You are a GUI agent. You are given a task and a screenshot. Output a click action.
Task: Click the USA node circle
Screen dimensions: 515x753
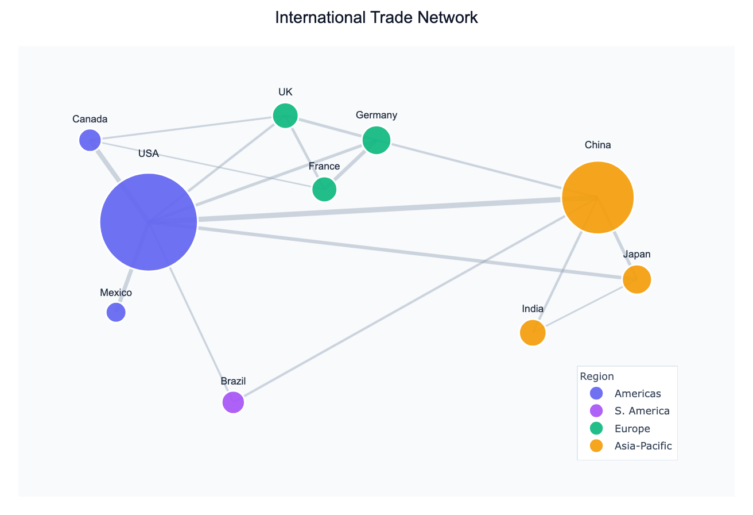[x=149, y=222]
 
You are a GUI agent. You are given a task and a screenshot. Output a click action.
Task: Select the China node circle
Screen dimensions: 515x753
[x=597, y=198]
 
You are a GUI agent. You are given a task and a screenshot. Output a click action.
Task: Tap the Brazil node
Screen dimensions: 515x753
[x=233, y=402]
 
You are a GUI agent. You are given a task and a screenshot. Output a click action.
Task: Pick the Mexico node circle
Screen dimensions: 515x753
[x=116, y=312]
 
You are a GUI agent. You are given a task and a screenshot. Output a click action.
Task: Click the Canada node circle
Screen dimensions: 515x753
[x=90, y=140]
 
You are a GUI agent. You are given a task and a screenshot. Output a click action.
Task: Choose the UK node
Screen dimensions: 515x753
[x=285, y=116]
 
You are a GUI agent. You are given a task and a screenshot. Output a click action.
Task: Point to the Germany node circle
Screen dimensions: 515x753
[x=376, y=140]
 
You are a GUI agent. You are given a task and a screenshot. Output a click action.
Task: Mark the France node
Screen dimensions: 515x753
[x=324, y=189]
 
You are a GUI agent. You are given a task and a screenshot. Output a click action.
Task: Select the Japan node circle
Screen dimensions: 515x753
[x=636, y=280]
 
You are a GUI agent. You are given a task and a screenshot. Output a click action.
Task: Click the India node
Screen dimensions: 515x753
[x=533, y=333]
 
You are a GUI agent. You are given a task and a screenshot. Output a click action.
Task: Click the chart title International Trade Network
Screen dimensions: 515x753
[x=376, y=17]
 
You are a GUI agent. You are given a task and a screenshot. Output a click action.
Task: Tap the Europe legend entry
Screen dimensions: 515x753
[x=631, y=428]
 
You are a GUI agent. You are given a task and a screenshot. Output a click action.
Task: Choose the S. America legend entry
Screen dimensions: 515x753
[x=641, y=411]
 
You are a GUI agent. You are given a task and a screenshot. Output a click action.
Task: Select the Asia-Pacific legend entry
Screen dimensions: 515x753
[x=642, y=445]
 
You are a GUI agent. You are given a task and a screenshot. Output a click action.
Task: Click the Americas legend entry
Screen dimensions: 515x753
[x=637, y=394]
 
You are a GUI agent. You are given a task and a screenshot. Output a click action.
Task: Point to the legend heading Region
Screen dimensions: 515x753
[x=597, y=376]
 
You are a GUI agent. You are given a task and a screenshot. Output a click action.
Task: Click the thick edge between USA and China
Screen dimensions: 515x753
[x=379, y=210]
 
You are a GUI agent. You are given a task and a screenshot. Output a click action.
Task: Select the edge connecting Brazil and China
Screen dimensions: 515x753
[x=402, y=308]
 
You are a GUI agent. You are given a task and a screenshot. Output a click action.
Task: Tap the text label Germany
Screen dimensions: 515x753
[x=376, y=115]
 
